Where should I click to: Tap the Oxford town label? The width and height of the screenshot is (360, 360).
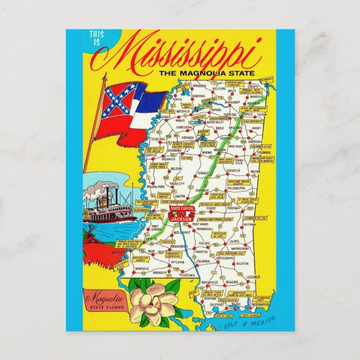click(x=217, y=110)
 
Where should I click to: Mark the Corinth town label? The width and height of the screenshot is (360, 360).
click(x=253, y=87)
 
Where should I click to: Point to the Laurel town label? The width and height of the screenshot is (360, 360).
click(x=228, y=241)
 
